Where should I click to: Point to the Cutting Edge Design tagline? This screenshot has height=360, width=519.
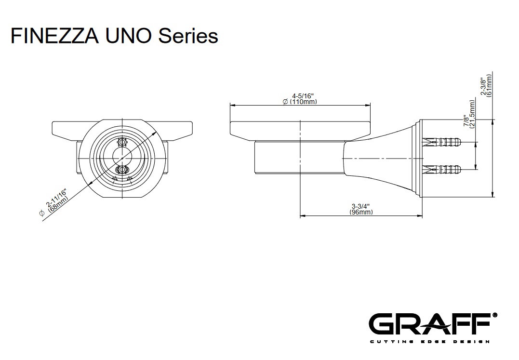coord(429,342)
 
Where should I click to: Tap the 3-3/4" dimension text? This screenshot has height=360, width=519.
coord(361,206)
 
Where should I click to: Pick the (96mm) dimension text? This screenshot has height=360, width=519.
coord(361,212)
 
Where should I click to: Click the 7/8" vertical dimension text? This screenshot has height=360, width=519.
coord(466,120)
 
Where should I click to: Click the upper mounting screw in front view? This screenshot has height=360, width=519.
coord(121,143)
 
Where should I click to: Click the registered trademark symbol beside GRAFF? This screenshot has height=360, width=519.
coord(494,315)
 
